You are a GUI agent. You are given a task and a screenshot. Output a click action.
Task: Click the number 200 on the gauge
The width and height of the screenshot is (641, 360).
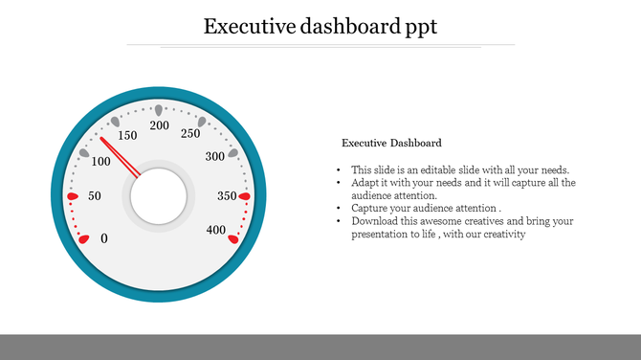[160, 126]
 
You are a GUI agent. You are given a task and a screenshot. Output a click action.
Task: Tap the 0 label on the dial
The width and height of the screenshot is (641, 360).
[104, 238]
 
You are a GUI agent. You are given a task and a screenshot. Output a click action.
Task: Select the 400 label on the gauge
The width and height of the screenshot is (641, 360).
[215, 231]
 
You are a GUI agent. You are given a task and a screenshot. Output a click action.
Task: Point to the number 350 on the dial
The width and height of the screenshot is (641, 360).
[227, 196]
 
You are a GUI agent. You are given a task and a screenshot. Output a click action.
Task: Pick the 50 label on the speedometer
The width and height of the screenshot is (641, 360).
[94, 196]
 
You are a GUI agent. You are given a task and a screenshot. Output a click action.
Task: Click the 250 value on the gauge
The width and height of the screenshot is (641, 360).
[190, 134]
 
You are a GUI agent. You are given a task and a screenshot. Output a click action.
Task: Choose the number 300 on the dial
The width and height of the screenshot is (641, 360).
[215, 156]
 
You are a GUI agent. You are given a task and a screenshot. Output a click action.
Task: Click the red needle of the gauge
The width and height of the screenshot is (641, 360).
[121, 157]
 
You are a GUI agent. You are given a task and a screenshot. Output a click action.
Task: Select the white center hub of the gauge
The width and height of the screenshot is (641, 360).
[159, 195]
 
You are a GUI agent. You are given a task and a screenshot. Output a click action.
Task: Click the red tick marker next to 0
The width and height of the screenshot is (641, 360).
[84, 238]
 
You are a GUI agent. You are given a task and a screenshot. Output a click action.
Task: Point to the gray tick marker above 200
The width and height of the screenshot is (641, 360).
[159, 109]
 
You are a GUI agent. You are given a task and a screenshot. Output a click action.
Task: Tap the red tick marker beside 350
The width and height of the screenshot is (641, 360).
[244, 196]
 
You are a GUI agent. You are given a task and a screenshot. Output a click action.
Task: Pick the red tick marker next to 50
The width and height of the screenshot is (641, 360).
[73, 196]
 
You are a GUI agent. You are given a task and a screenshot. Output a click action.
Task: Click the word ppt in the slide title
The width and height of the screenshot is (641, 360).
[416, 27]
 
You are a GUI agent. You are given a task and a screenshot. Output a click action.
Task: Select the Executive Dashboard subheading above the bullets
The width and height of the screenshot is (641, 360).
[391, 143]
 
